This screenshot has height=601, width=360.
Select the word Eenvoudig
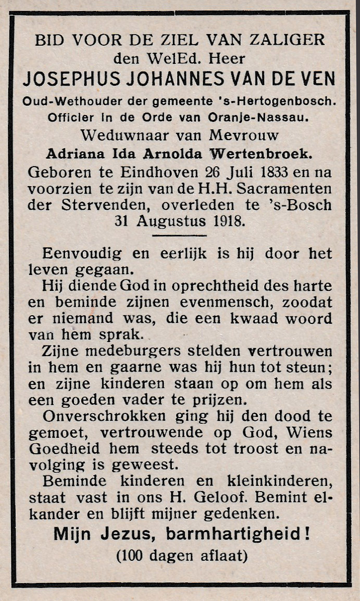click(x=82, y=254)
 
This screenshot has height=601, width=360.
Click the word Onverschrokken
click(x=104, y=417)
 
